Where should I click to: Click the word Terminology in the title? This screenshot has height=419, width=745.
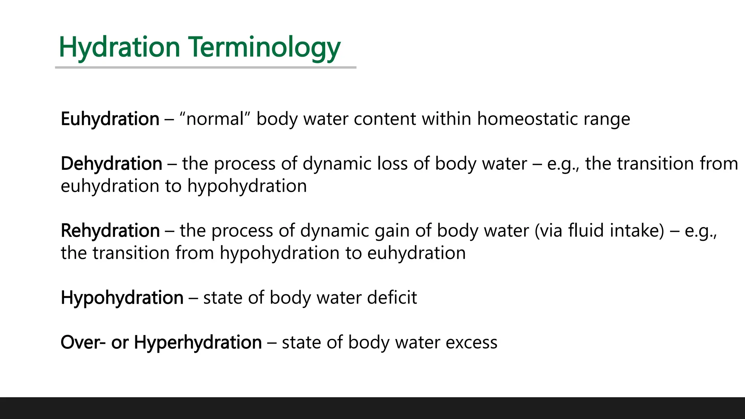point(264,47)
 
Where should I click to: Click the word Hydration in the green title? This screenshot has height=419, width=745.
point(119,47)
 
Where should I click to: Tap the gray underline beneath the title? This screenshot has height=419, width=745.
point(206,67)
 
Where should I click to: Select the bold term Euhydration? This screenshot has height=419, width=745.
point(110,119)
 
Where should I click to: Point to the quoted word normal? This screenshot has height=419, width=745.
point(215,119)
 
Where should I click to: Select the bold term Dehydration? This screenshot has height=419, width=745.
point(111,164)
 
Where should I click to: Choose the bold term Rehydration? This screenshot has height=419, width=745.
point(110,231)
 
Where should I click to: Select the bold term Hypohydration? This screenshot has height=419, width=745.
point(122,298)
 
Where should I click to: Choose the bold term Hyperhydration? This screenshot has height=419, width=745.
point(198,343)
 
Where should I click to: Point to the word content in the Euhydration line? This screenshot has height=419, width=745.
point(385,119)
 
